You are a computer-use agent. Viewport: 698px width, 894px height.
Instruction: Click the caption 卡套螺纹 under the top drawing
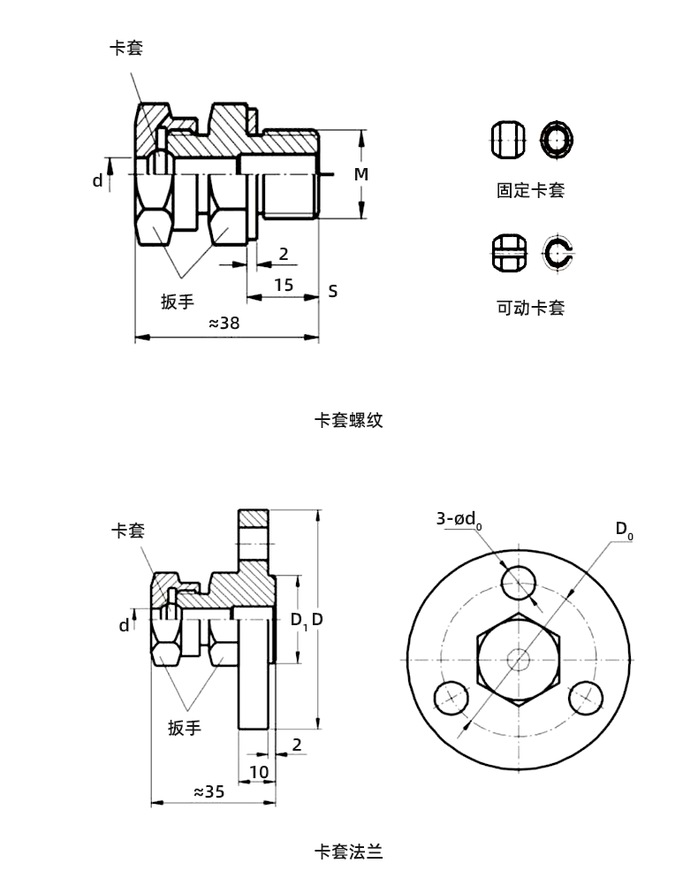(349, 421)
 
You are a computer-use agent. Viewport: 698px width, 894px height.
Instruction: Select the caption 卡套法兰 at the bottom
(349, 852)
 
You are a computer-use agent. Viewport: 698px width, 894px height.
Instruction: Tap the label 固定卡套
(530, 190)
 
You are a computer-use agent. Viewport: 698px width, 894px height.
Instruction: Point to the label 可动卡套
(530, 308)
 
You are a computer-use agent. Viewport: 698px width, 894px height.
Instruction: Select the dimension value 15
(284, 285)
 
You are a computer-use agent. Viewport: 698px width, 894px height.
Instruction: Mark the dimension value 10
(258, 772)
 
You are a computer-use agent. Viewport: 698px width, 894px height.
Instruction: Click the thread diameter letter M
(360, 175)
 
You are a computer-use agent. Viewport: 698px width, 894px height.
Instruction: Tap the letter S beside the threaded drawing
(333, 291)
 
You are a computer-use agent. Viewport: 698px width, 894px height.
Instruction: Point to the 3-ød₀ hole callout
(459, 520)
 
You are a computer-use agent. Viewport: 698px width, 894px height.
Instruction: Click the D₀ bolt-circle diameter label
(624, 530)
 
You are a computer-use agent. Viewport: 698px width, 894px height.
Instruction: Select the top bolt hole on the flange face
(519, 582)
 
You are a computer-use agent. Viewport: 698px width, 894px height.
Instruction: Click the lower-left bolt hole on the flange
(452, 697)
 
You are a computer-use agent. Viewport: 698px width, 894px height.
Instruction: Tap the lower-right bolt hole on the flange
(585, 698)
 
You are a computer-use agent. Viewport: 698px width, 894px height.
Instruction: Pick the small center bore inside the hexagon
(519, 659)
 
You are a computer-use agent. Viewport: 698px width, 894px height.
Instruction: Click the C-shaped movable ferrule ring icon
(558, 252)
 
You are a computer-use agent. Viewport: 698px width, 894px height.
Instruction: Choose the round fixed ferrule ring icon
(558, 139)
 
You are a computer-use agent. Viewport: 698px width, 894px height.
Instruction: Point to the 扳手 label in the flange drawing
(185, 728)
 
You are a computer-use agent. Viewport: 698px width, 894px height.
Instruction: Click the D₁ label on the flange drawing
(298, 620)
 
